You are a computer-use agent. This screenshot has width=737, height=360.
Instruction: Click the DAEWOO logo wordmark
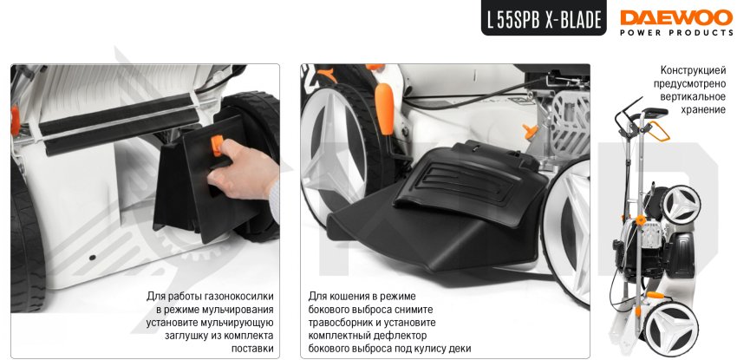pyautogui.click(x=676, y=17)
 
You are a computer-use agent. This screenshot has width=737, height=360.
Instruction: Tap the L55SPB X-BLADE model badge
pyautogui.click(x=544, y=18)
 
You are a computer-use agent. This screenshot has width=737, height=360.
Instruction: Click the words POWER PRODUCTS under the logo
pyautogui.click(x=676, y=32)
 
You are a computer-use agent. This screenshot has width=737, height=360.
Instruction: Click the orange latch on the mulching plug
pyautogui.click(x=217, y=145)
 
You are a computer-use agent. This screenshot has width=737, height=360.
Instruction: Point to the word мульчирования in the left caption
pyautogui.click(x=235, y=311)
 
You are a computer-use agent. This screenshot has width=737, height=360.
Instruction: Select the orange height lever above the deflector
pyautogui.click(x=385, y=108)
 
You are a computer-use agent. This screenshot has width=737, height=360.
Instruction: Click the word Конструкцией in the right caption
pyautogui.click(x=693, y=70)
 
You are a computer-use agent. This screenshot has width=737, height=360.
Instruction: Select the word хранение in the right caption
pyautogui.click(x=704, y=110)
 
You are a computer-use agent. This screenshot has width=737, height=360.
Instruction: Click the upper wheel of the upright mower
pyautogui.click(x=681, y=205)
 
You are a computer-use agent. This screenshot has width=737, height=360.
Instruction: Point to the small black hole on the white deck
pyautogui.click(x=92, y=258)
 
